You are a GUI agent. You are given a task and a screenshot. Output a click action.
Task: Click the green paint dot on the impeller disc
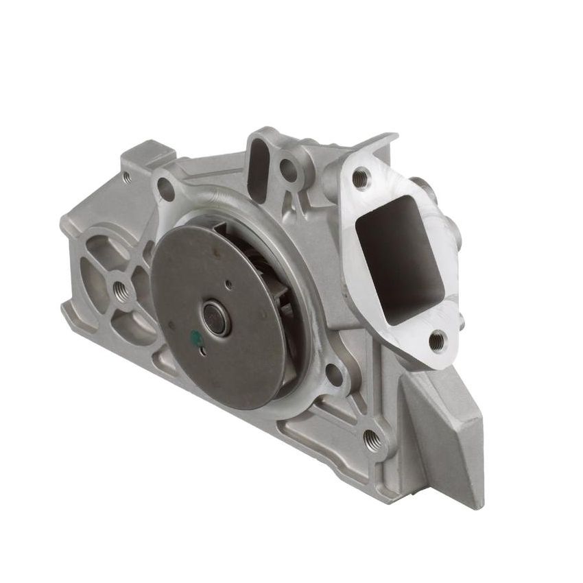(x=195, y=337)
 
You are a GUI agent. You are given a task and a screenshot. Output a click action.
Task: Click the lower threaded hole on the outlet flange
(x=436, y=337)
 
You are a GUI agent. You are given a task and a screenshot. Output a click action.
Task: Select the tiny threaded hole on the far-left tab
(x=127, y=176)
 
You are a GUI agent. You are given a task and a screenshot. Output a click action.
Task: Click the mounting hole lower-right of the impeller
(x=335, y=374)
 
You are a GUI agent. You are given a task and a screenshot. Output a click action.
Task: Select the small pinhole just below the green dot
(x=202, y=353)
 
